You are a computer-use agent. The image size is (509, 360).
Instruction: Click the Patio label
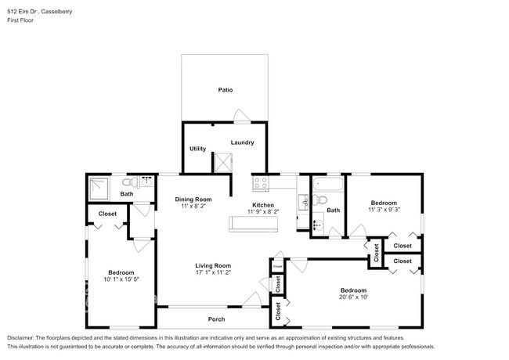pyautogui.click(x=226, y=90)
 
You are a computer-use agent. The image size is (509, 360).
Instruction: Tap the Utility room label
pyautogui.click(x=197, y=149)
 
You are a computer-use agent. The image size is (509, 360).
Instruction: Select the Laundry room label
pyautogui.click(x=242, y=142)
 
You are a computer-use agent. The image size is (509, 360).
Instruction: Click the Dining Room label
pyautogui.click(x=193, y=200)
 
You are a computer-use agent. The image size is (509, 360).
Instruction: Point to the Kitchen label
pyautogui.click(x=263, y=205)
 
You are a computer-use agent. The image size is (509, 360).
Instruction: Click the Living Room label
pyautogui.click(x=213, y=266)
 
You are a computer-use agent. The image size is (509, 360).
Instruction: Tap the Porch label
pyautogui.click(x=218, y=319)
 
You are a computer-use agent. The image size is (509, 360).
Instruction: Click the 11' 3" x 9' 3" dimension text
pyautogui.click(x=384, y=210)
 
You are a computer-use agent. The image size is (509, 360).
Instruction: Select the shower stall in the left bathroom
pyautogui.click(x=100, y=185)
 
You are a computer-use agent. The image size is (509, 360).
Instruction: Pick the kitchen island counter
pyautogui.click(x=252, y=225)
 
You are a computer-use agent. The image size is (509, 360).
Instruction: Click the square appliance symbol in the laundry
pyautogui.click(x=224, y=162)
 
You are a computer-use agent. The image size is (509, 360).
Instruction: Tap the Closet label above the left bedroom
pyautogui.click(x=107, y=214)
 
